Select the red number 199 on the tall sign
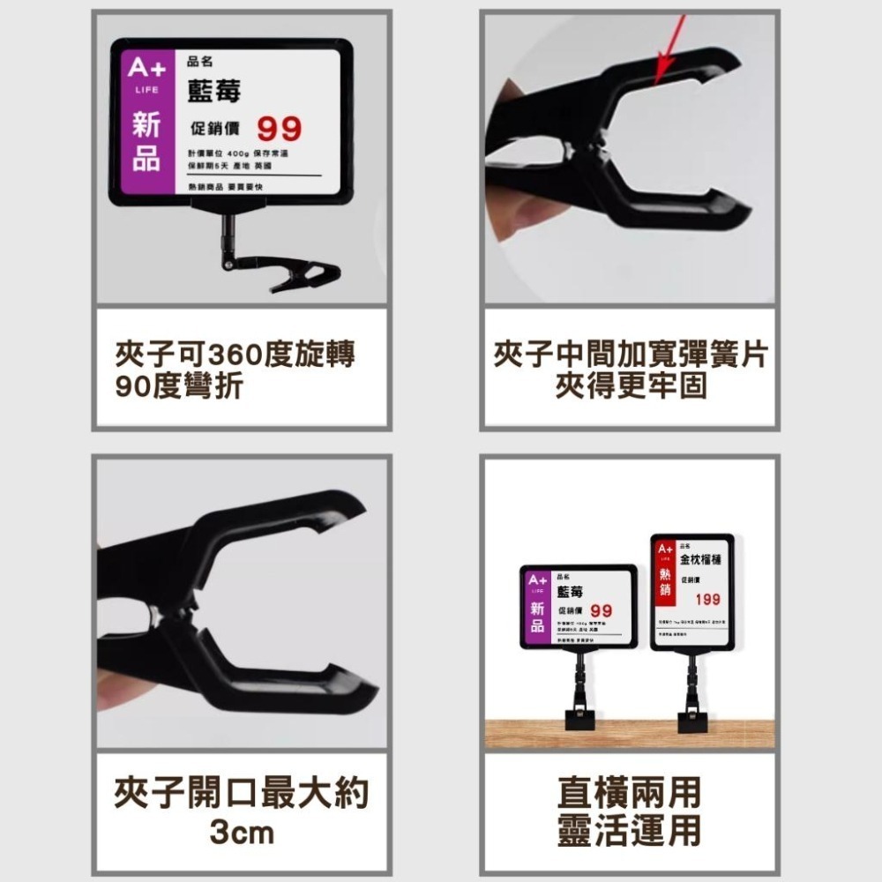point(706,600)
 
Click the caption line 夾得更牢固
point(630,385)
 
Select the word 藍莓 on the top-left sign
point(213,92)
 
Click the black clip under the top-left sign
point(304,274)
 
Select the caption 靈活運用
point(629,831)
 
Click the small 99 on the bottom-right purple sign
point(602,610)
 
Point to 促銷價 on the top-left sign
point(214,130)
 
